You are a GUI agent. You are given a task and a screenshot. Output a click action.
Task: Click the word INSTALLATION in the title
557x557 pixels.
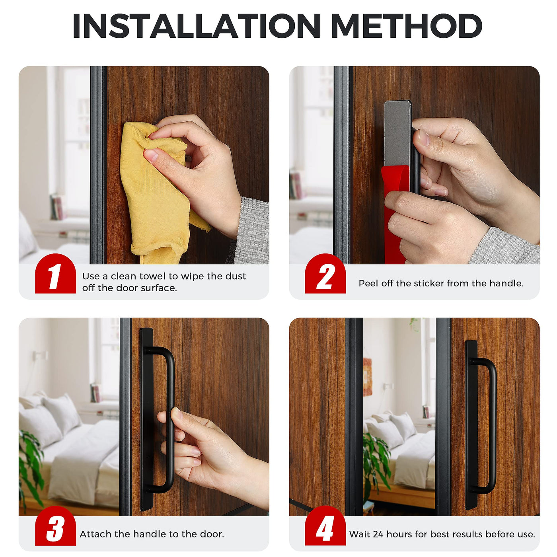[196, 26]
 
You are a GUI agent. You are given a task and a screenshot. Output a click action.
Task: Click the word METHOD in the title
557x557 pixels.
[406, 26]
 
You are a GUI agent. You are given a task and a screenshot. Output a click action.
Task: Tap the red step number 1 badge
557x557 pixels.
[55, 273]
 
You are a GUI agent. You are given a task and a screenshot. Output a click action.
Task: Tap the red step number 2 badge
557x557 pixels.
[325, 273]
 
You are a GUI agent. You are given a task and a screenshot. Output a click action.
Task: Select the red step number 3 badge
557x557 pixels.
[55, 526]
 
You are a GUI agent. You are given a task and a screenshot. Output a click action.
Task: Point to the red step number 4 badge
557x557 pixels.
[325, 526]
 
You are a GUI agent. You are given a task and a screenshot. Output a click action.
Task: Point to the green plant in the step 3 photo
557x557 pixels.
[30, 465]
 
